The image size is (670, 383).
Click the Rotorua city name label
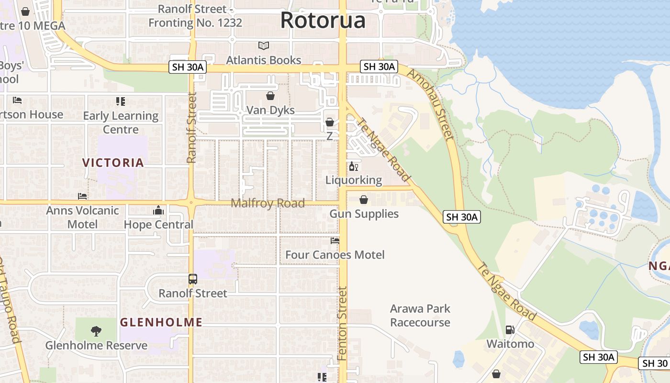point(323,20)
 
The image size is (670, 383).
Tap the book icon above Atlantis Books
point(264,46)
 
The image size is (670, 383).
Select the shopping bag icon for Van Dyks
point(270,96)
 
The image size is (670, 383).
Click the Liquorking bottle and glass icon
point(354,167)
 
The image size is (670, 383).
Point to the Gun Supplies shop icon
point(364,200)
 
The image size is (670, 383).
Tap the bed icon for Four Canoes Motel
point(335,241)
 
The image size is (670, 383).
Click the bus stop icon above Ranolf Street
point(193,279)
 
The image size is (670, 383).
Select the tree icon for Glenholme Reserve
point(96,331)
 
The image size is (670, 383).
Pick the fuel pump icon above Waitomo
point(510,330)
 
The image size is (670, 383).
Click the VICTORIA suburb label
point(113,163)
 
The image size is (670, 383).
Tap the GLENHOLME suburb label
point(161,322)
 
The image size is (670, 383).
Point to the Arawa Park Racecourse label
point(420,315)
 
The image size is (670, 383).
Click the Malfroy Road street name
point(268,203)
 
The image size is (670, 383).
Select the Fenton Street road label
point(342,324)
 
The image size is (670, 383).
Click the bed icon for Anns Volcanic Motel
point(82,196)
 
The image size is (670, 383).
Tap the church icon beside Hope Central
point(158,210)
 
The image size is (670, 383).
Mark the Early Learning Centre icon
point(121,101)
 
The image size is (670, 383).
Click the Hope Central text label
point(158,225)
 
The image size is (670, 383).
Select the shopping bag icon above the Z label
point(329,123)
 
